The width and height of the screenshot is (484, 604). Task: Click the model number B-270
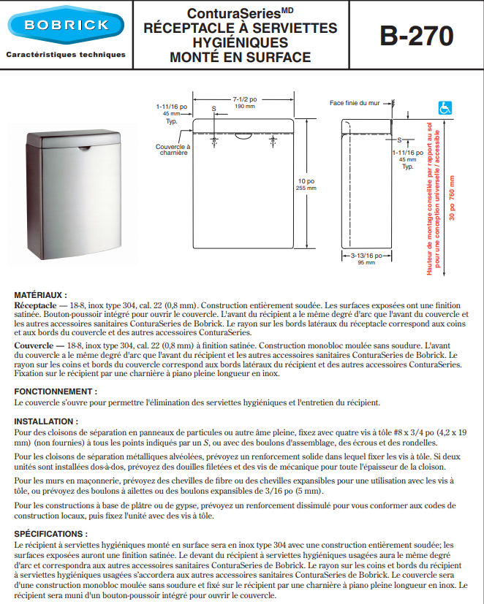pos(415,35)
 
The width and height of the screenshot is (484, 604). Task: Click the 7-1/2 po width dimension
pos(243,100)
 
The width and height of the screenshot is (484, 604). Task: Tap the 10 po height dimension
pos(306,183)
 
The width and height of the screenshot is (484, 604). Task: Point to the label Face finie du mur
pos(355,104)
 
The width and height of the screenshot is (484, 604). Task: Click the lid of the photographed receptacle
pos(72,139)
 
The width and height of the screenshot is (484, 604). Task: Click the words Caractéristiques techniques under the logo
pos(67,55)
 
